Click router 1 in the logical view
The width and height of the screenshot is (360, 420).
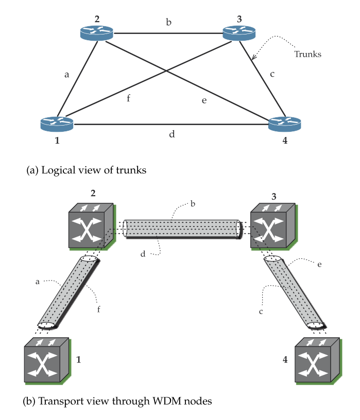pos(57,124)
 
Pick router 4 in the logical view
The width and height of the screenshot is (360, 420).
pos(285,124)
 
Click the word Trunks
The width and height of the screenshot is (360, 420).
pos(307,54)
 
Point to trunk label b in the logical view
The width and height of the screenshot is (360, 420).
pos(168,22)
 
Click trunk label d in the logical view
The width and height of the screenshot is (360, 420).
pos(172,135)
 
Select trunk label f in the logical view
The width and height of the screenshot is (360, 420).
pos(128,98)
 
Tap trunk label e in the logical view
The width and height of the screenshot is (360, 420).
pos(204,100)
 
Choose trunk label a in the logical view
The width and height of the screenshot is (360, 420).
pos(66,75)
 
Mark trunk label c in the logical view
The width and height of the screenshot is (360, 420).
pos(272,74)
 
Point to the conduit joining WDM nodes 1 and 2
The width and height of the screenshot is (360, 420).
pos(68,292)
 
